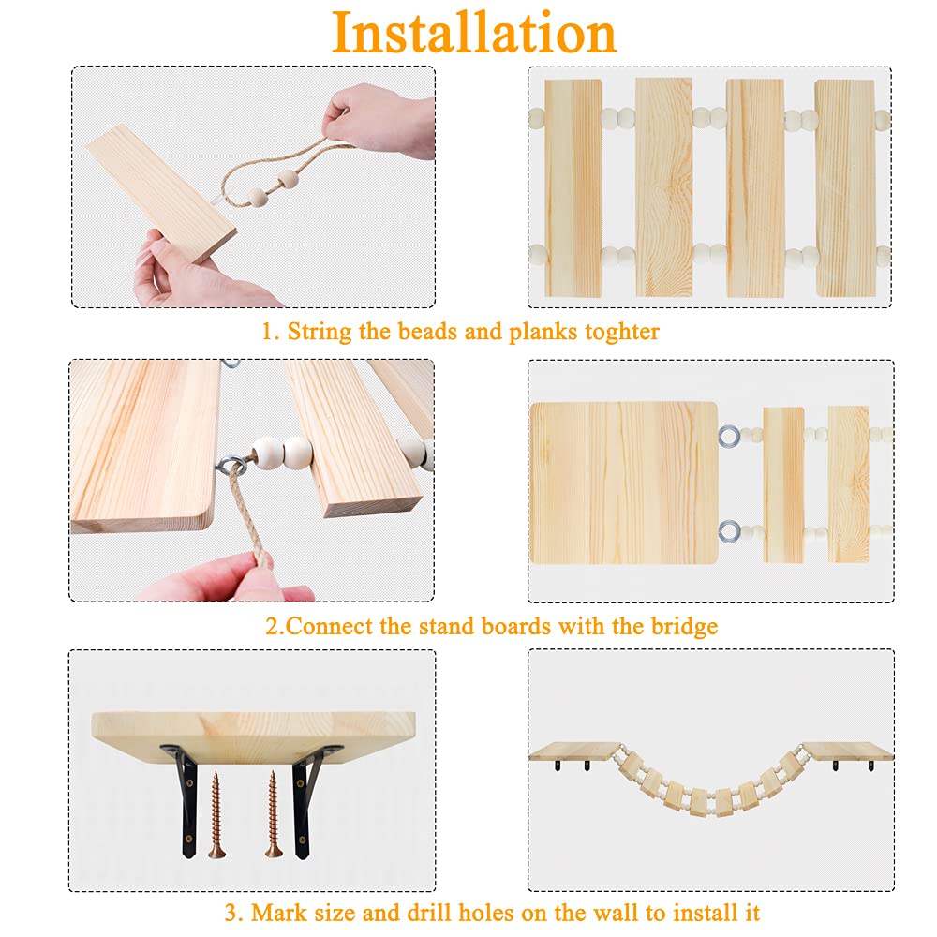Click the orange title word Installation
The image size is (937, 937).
474,33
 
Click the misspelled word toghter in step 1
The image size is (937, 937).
621,332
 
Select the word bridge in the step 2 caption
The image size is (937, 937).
684,626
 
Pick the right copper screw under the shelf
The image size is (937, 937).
273,814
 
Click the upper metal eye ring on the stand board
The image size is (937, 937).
729,437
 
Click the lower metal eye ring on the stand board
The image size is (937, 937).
729,531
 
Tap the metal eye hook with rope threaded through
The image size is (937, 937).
231,465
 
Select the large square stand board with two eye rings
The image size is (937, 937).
624,483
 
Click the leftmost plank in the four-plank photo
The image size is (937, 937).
573,187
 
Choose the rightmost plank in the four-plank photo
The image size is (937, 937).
845,187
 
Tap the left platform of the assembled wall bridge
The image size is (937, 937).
573,751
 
